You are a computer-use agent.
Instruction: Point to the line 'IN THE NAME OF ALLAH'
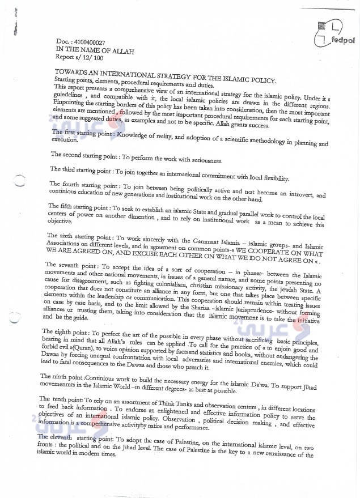click(95, 50)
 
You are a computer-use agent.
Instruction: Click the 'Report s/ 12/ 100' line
click(80, 57)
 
